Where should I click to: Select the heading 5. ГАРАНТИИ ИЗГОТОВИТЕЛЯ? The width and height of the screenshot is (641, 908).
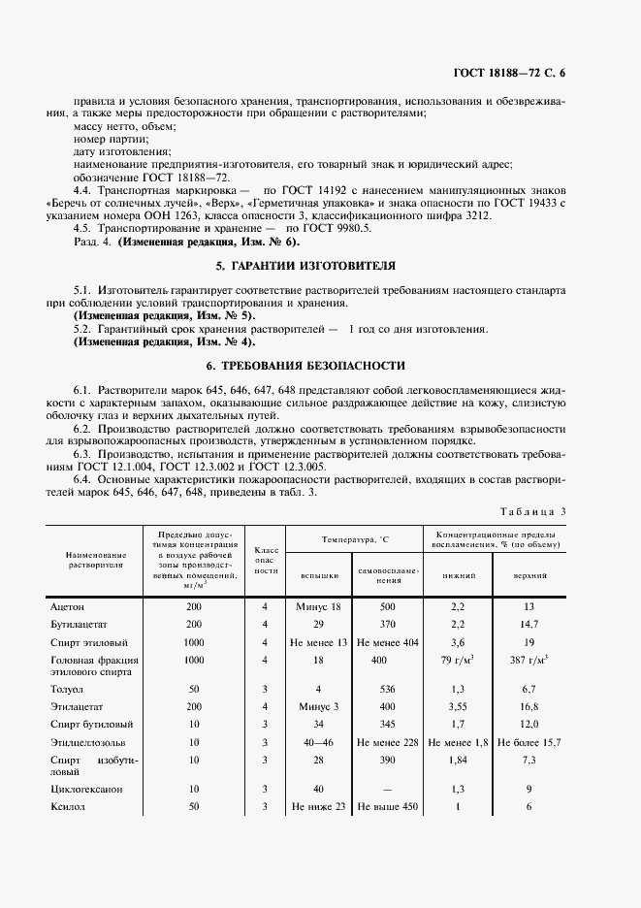pyautogui.click(x=319, y=265)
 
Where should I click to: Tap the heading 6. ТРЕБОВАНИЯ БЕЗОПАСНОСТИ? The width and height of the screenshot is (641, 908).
pyautogui.click(x=319, y=365)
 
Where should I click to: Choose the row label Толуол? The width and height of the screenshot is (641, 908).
pyautogui.click(x=66, y=688)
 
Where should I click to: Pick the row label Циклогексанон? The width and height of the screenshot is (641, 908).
pyautogui.click(x=87, y=789)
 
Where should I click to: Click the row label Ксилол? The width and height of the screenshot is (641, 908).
pyautogui.click(x=66, y=806)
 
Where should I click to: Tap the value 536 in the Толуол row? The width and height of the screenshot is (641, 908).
pyautogui.click(x=388, y=688)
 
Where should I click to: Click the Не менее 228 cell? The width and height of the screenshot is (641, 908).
pyautogui.click(x=388, y=742)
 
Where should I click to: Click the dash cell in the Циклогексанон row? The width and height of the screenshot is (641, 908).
pyautogui.click(x=388, y=789)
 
